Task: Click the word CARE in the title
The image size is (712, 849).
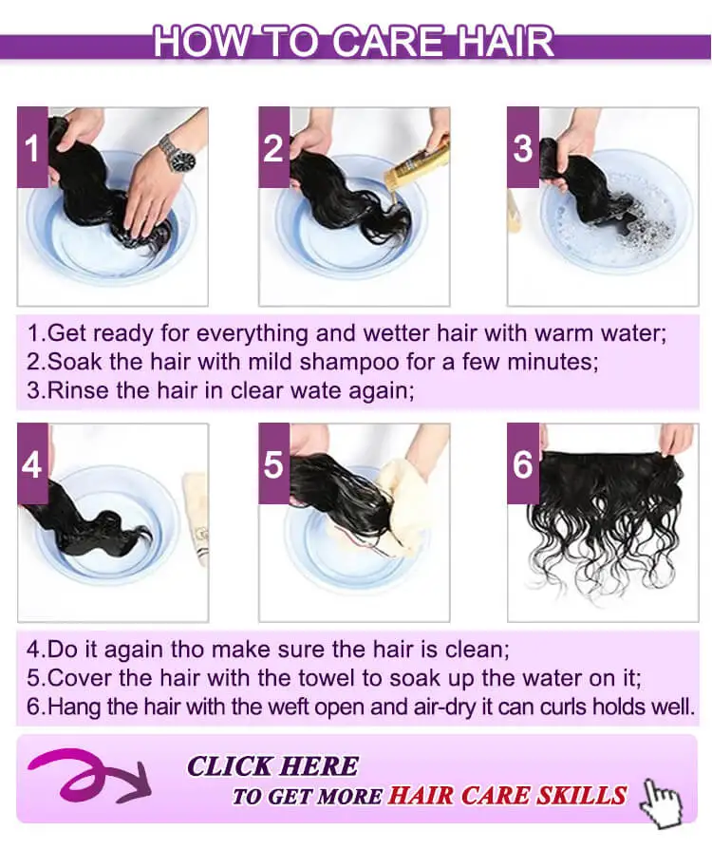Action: (x=386, y=42)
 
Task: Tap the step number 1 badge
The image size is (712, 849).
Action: (x=32, y=147)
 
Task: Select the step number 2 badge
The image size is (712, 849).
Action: (x=274, y=147)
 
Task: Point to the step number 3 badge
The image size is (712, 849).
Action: (x=523, y=147)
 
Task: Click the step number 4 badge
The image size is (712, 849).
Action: (x=32, y=463)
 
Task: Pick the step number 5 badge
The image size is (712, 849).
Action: (x=274, y=463)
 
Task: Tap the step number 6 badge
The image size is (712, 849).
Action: (x=523, y=463)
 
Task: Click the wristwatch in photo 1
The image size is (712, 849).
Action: (x=178, y=154)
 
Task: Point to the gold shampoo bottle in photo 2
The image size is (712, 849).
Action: (x=416, y=163)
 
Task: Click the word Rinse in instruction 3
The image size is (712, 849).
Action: (x=79, y=390)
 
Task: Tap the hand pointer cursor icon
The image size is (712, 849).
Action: (x=660, y=803)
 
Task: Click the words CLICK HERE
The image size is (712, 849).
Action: (x=272, y=766)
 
